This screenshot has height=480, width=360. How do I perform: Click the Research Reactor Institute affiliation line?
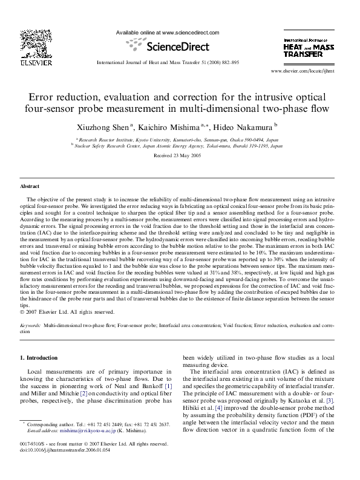point(180,138)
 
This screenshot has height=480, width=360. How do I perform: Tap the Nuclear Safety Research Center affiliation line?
point(180,146)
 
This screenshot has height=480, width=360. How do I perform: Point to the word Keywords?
point(31,325)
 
